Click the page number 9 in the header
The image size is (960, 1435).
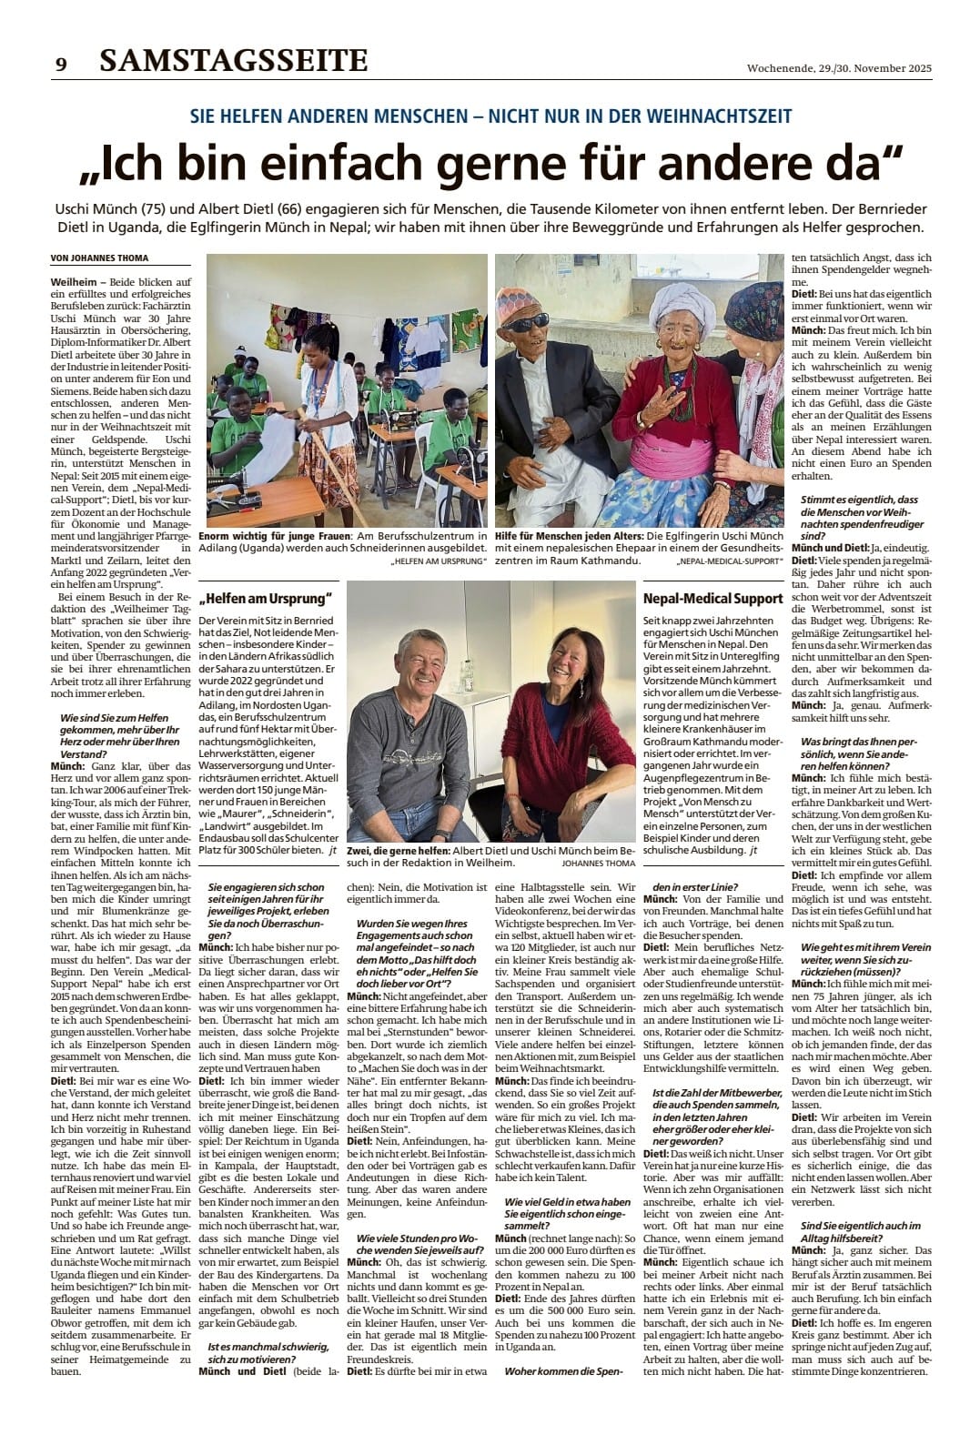tap(61, 64)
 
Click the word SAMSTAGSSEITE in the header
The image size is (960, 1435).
tap(234, 61)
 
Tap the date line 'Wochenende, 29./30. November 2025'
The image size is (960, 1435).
tap(839, 67)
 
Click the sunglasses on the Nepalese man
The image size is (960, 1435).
tap(531, 323)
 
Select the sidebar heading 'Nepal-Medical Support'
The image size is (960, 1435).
tap(712, 598)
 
